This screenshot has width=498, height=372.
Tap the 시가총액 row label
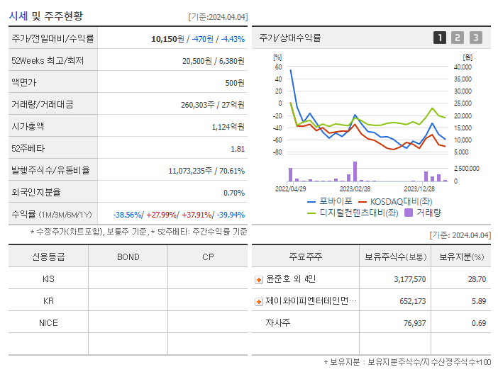28,127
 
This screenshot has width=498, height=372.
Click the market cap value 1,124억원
228,127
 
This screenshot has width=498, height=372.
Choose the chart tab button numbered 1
440,38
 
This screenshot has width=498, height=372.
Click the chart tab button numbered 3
476,38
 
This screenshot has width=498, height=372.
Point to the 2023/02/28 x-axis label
355,189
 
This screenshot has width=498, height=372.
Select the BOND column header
128,257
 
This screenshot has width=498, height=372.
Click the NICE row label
48,322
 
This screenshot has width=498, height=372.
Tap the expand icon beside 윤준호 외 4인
259,280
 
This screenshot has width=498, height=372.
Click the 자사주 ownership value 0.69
478,323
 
